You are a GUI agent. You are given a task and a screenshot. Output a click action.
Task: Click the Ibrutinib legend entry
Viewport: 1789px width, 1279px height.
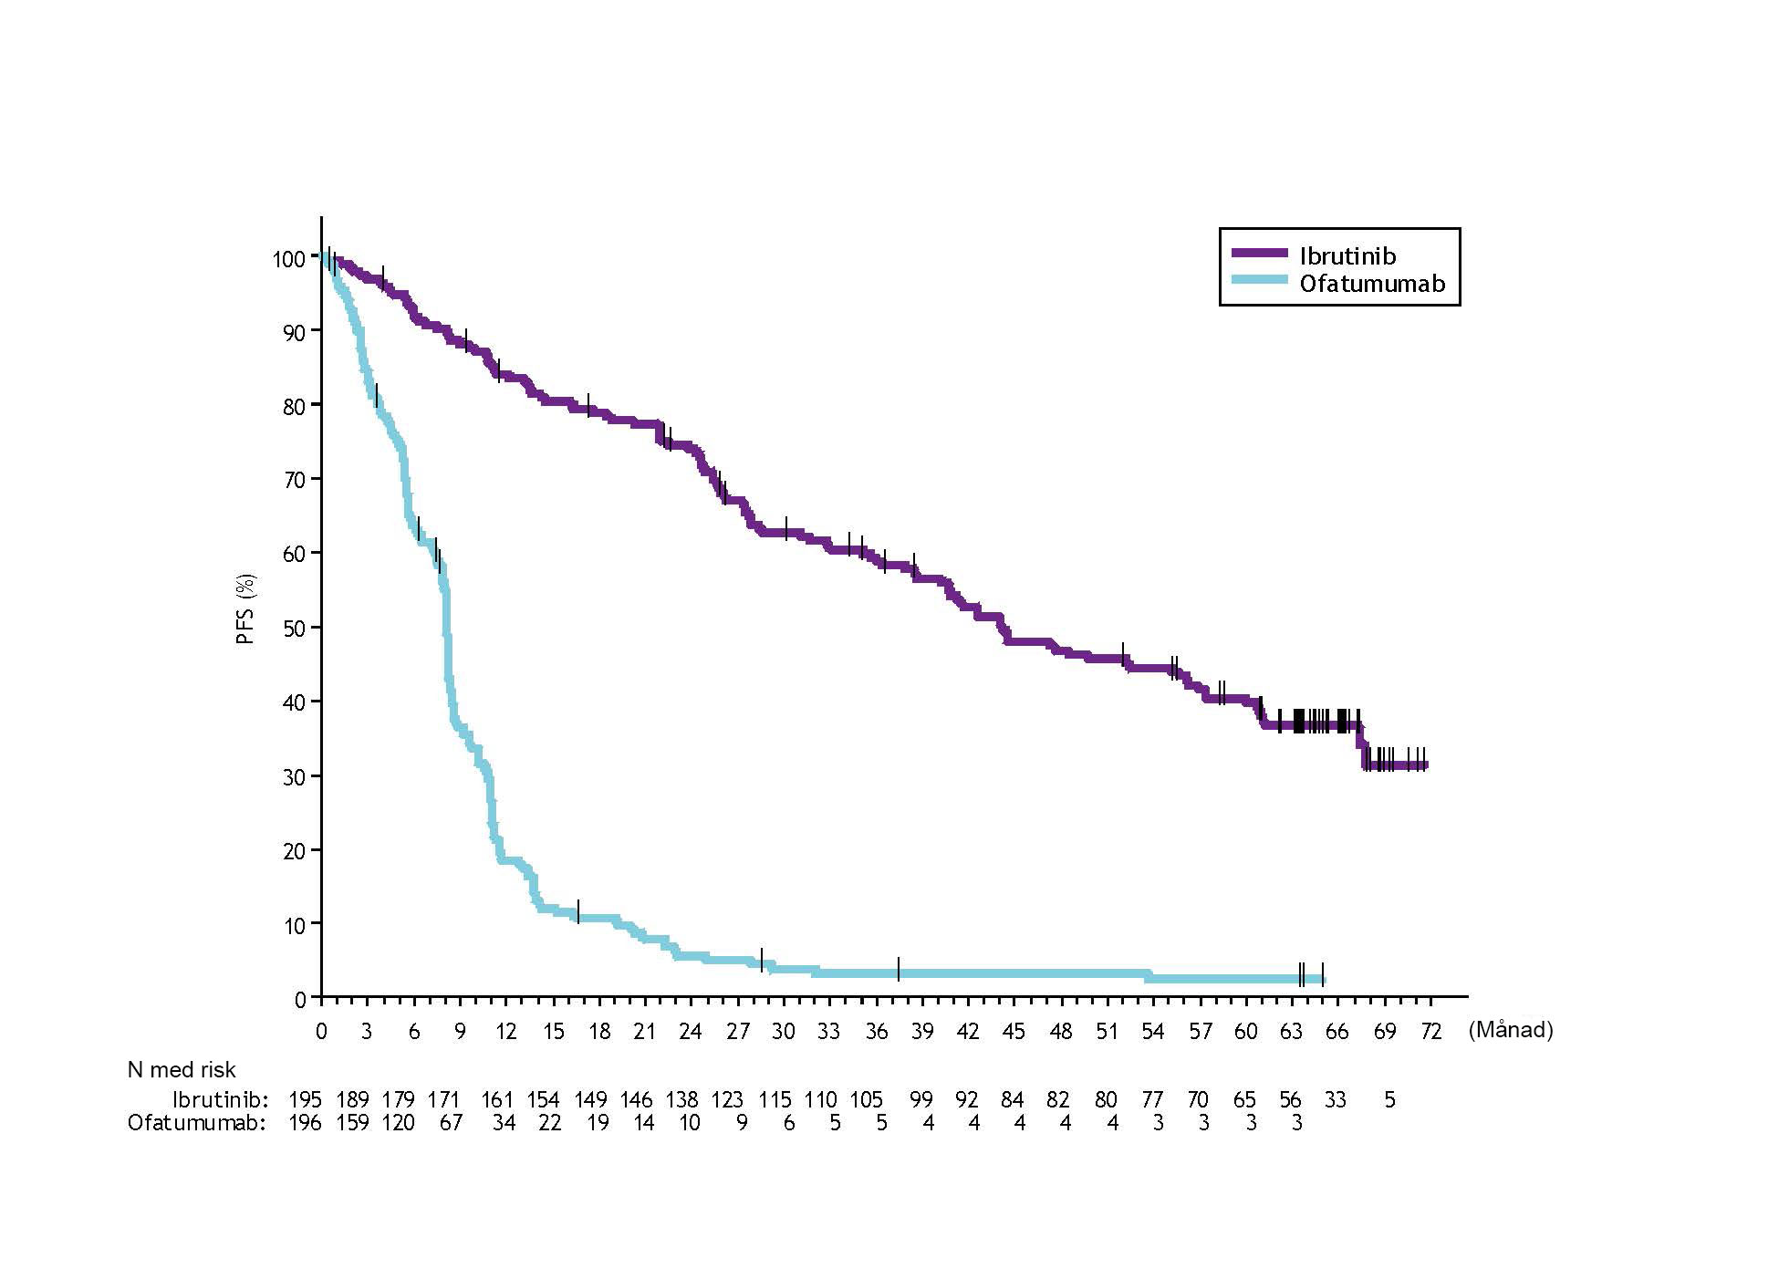pos(1347,255)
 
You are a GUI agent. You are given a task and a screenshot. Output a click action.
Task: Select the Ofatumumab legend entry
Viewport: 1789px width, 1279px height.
pos(1371,284)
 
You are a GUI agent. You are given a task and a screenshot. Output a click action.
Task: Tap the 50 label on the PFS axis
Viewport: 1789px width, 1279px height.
pos(294,628)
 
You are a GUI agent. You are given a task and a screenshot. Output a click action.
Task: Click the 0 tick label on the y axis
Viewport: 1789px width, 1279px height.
pos(300,1000)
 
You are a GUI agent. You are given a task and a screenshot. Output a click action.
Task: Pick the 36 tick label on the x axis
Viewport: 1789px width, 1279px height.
pos(876,1032)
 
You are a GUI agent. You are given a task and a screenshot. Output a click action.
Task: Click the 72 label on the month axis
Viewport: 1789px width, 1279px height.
pos(1430,1032)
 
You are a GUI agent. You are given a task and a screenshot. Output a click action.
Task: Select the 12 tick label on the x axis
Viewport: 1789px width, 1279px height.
pos(505,1032)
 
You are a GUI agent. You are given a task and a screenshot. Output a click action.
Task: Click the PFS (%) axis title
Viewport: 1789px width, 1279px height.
pos(245,609)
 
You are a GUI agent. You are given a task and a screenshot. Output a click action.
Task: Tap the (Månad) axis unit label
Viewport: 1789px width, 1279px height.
pos(1510,1030)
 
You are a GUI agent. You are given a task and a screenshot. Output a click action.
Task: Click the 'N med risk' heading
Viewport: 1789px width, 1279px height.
pos(182,1070)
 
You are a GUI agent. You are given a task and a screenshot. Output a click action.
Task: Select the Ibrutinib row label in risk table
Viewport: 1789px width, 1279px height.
pos(221,1099)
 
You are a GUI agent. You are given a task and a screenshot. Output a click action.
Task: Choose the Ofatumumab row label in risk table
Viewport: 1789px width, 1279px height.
pos(196,1123)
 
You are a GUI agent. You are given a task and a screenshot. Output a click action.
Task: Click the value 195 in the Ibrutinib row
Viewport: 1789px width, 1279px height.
pos(306,1099)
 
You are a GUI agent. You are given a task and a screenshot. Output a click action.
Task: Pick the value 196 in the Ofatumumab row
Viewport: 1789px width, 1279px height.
pos(306,1123)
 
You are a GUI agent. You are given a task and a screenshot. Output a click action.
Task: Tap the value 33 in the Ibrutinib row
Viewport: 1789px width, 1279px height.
pos(1335,1099)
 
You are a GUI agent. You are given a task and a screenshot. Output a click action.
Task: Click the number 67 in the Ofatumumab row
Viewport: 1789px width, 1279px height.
pos(451,1123)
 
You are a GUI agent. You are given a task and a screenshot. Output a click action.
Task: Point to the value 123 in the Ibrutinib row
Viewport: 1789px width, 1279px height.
pos(727,1099)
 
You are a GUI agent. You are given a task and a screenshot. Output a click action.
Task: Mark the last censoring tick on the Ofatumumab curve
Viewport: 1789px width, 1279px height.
pos(1322,974)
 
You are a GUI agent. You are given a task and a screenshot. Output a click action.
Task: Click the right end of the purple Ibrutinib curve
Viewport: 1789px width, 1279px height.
pos(1424,765)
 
